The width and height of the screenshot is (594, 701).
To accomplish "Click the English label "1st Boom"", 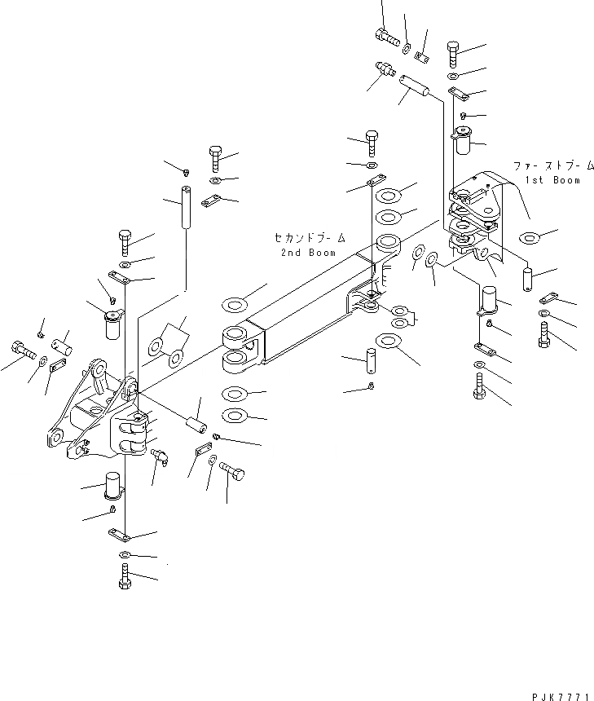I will click(x=553, y=179).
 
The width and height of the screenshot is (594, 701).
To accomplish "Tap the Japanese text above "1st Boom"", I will click(x=545, y=165).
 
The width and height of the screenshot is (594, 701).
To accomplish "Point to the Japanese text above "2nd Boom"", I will click(x=309, y=238).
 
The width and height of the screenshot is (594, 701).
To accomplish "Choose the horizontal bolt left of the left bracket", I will click(x=22, y=352).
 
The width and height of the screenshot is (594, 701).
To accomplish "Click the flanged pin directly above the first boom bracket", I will click(x=464, y=142).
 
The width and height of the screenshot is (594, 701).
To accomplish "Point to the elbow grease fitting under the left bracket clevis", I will click(x=159, y=457).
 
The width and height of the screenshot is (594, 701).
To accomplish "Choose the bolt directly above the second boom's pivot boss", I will click(x=372, y=142).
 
